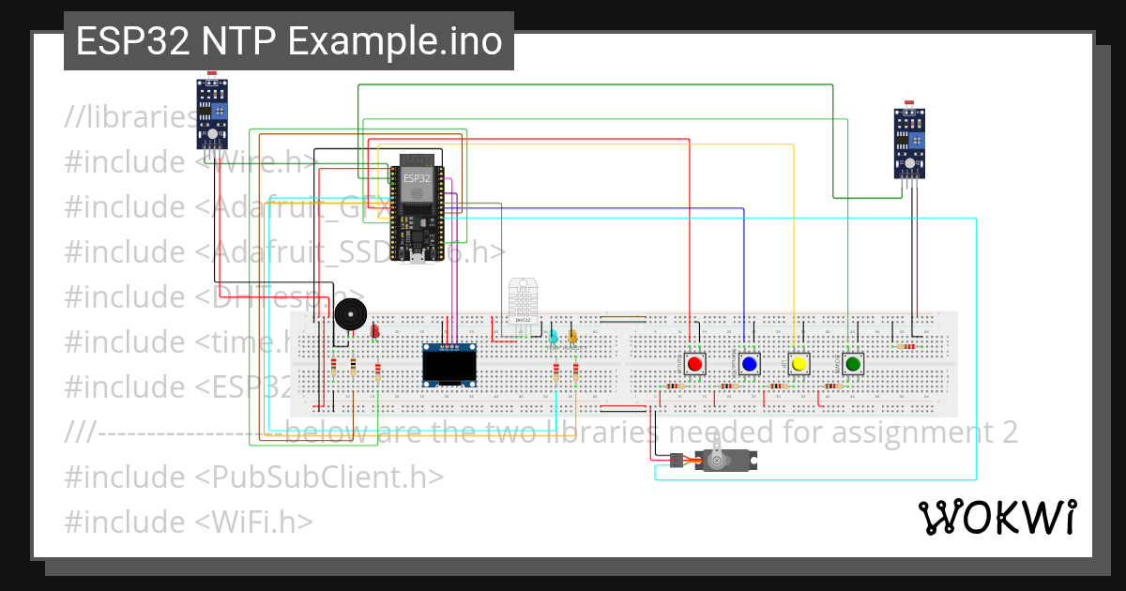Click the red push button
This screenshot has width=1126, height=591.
[x=694, y=364]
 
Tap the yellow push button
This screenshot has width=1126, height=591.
[x=799, y=364]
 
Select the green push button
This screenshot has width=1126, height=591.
[x=852, y=364]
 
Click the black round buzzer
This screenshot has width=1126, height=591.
[x=349, y=315]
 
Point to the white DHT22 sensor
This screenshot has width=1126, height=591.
[x=523, y=301]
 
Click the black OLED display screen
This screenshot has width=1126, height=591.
[x=449, y=365]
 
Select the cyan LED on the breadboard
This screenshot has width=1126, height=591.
[x=554, y=336]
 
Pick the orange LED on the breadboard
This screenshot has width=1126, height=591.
[x=573, y=336]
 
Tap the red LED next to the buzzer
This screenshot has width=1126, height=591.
[x=375, y=330]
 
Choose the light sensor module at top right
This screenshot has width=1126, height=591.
[x=909, y=143]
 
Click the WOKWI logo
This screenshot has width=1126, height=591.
[x=997, y=517]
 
